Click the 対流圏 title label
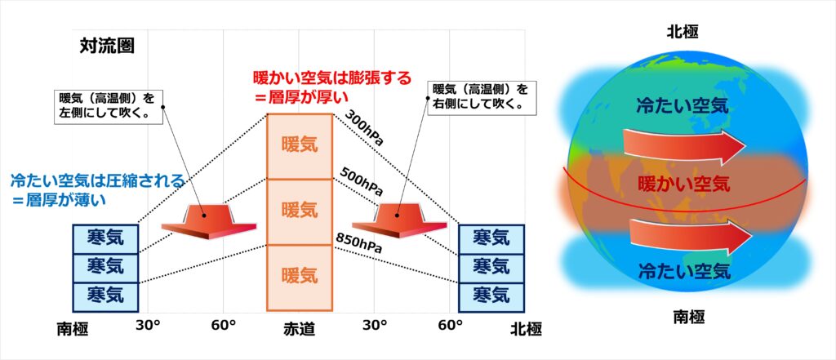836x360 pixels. (107, 47)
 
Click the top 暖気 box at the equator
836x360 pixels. (300, 146)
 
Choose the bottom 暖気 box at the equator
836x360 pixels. (300, 278)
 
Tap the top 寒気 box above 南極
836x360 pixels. (105, 238)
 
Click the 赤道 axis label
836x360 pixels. (300, 330)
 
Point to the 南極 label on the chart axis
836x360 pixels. (72, 330)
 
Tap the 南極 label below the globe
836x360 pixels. (688, 318)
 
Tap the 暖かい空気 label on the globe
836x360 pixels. (684, 184)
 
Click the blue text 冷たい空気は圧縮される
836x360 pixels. (98, 180)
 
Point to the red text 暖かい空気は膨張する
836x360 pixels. (332, 78)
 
